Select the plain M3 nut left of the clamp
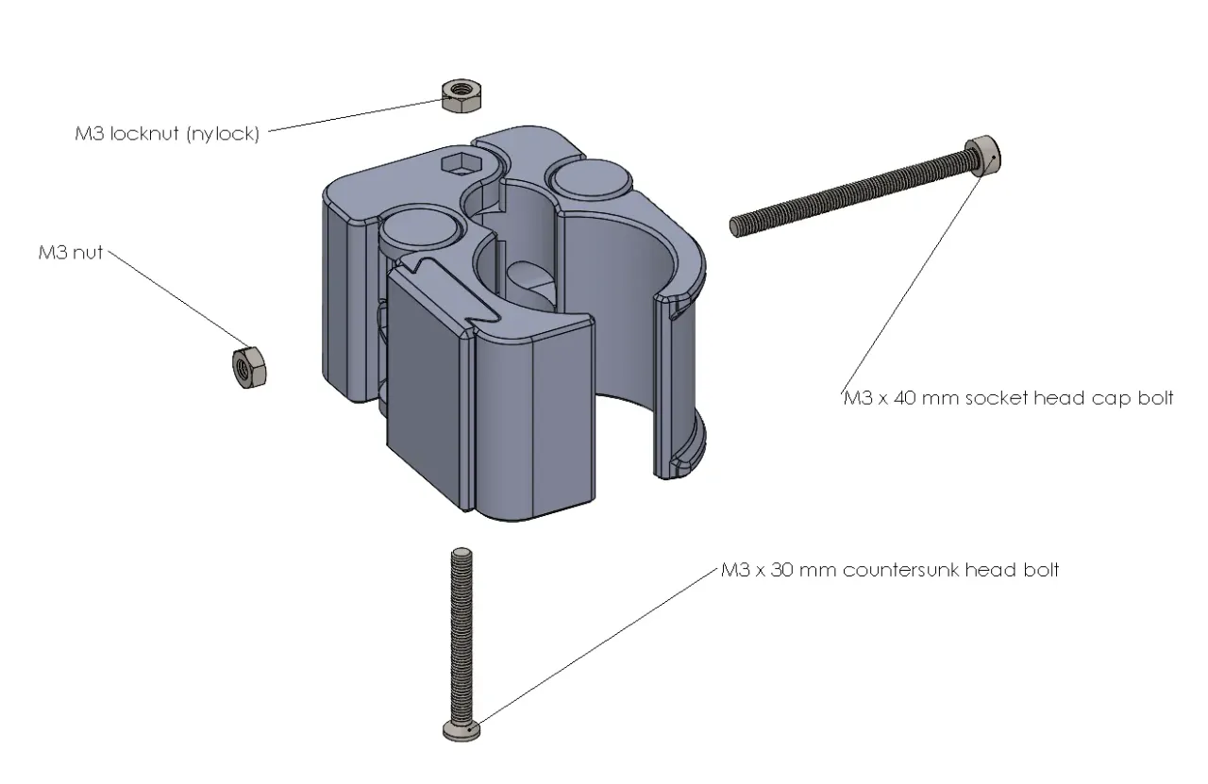pos(249,365)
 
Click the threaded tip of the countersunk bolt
pos(461,557)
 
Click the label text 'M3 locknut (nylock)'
pos(166,134)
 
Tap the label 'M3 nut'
pos(70,252)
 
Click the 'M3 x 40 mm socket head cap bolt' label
pos(1007,398)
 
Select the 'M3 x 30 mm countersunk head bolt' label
pos(889,571)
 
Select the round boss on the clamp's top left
pos(418,230)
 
